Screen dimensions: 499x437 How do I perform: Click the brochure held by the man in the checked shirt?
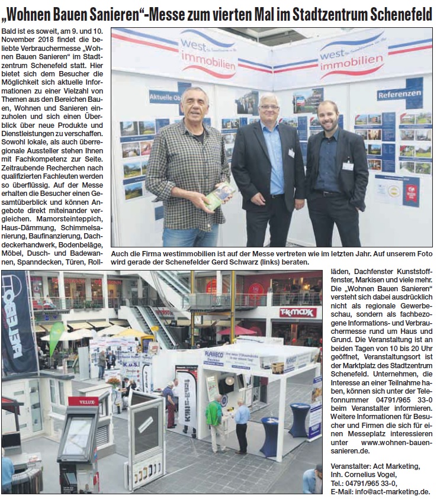pos(218,196)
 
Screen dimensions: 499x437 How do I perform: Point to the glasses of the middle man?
pos(269,107)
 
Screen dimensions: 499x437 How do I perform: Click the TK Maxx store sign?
pos(298,312)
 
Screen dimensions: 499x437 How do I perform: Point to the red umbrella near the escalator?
pos(236,330)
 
